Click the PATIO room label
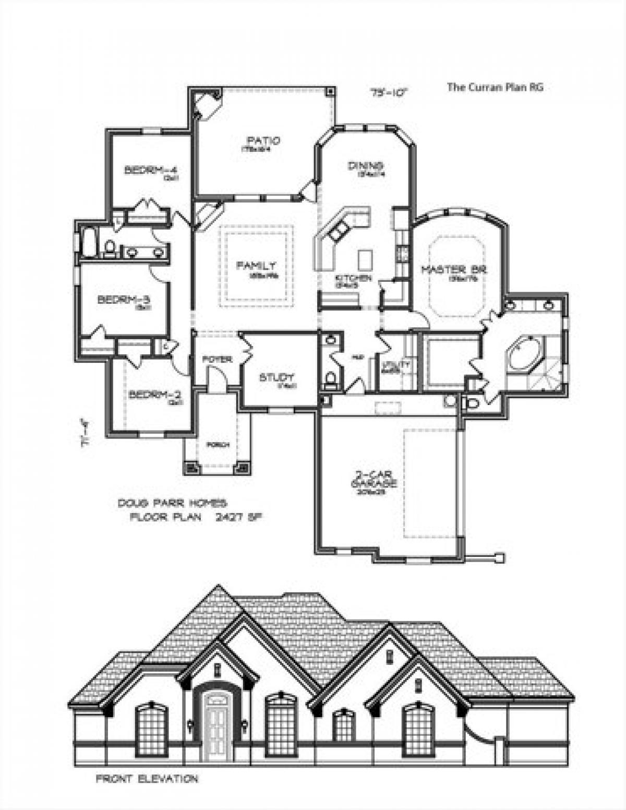pyautogui.click(x=263, y=141)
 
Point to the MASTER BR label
pyautogui.click(x=454, y=270)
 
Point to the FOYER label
pyautogui.click(x=217, y=360)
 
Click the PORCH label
pyautogui.click(x=218, y=445)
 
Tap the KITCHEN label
pyautogui.click(x=353, y=279)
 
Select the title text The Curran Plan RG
pyautogui.click(x=495, y=87)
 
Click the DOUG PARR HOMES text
pyautogui.click(x=172, y=504)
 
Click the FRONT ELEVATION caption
pyautogui.click(x=147, y=779)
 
